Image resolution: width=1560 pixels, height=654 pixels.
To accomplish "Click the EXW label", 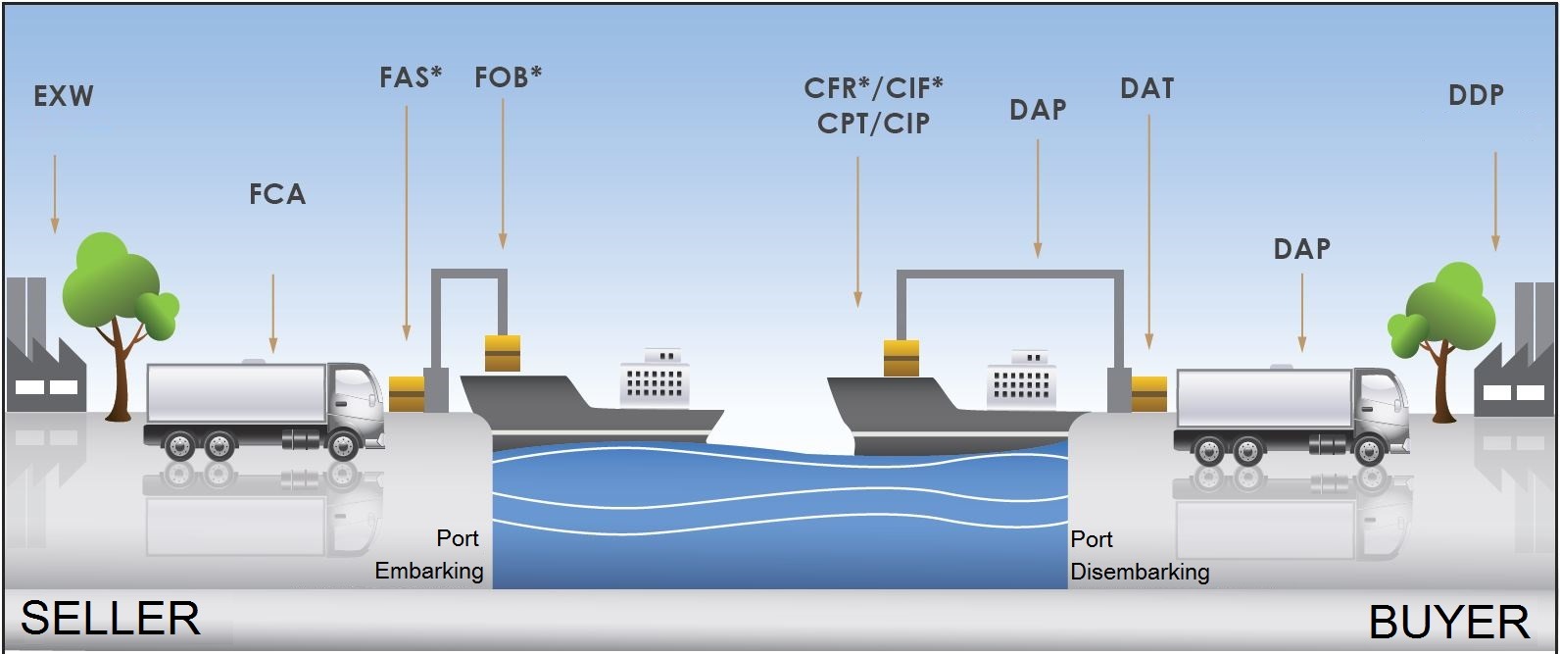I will tap(64, 96).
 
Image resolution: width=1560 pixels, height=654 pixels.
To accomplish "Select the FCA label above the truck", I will tap(277, 194).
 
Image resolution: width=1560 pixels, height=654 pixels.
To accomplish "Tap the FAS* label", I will tap(411, 77).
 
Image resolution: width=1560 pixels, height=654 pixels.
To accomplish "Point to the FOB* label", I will tap(508, 77).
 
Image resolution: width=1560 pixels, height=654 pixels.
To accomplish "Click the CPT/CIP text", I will tap(873, 124).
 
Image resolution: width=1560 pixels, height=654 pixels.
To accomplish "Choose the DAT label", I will tap(1146, 88).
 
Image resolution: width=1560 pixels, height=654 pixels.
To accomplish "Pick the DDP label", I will tap(1476, 95).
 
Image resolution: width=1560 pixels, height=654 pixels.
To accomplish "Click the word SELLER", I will tap(110, 619).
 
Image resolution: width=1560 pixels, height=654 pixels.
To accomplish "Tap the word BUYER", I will tap(1448, 622).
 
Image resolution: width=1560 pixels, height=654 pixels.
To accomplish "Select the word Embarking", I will tap(429, 571).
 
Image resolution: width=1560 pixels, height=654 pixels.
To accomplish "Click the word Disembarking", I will tap(1140, 572).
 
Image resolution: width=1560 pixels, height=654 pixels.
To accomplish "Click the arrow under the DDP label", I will tap(1495, 201).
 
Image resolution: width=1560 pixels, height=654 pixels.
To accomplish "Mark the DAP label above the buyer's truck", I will tap(1301, 249).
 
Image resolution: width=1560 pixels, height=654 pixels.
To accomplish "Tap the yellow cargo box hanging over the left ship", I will tap(503, 353).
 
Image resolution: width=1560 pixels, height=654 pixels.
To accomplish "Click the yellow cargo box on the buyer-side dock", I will tap(1148, 393).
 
